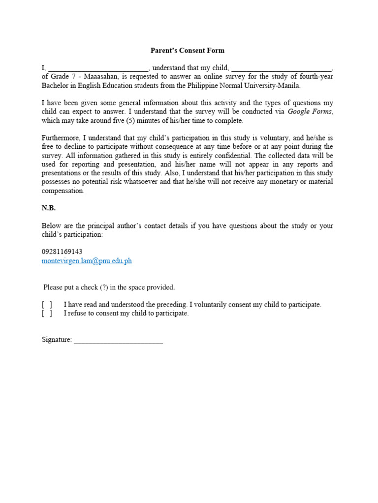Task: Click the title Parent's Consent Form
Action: tap(187, 51)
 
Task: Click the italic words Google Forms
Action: tap(310, 112)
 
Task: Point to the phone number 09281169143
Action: tap(62, 251)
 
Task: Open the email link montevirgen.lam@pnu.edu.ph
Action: tap(87, 261)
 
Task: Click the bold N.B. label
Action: tap(49, 208)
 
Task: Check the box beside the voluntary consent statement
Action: tap(47, 305)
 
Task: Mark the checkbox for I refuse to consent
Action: tap(47, 313)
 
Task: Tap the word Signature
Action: tap(56, 340)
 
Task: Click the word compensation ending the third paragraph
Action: tap(63, 191)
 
